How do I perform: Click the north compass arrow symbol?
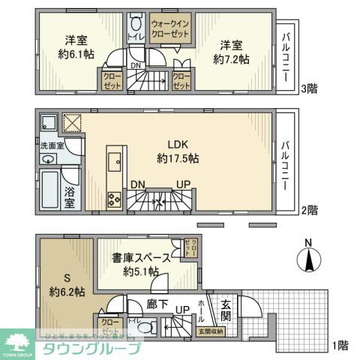(x=308, y=259)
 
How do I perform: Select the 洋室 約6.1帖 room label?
(x=73, y=46)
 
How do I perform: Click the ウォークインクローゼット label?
(x=169, y=29)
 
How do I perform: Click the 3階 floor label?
(x=307, y=88)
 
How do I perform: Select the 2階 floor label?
(x=307, y=210)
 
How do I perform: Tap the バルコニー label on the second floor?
(x=287, y=160)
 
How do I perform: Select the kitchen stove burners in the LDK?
(x=115, y=200)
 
